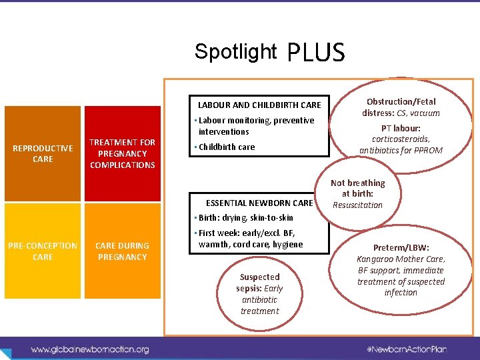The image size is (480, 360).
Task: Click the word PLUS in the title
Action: pos(316,52)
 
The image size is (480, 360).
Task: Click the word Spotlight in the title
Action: pos(235,51)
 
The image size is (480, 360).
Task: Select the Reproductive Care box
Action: pos(43,153)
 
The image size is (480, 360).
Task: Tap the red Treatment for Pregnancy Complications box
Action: pos(122,153)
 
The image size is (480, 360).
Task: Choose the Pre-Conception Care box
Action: pos(43,251)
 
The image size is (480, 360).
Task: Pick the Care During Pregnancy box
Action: pos(122,251)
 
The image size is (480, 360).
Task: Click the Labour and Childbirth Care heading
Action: pos(259,105)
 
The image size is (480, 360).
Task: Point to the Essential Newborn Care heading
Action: pos(259,203)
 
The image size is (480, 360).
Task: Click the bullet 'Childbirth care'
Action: pos(227,147)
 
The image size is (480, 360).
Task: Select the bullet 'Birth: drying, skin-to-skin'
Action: pos(246,218)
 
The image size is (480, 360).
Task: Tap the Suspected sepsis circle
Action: pos(259,293)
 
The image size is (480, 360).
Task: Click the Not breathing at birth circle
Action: pos(358,193)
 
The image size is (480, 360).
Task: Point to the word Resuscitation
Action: pos(358,205)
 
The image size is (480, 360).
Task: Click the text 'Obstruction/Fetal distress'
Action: pos(401,107)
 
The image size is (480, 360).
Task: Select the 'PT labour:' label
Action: pos(401,128)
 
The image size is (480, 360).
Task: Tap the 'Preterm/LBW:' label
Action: pos(401,247)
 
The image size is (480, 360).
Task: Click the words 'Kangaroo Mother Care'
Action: pos(401,259)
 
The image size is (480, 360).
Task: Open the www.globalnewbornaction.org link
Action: pos(90,349)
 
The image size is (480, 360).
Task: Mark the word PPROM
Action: pos(428,151)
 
